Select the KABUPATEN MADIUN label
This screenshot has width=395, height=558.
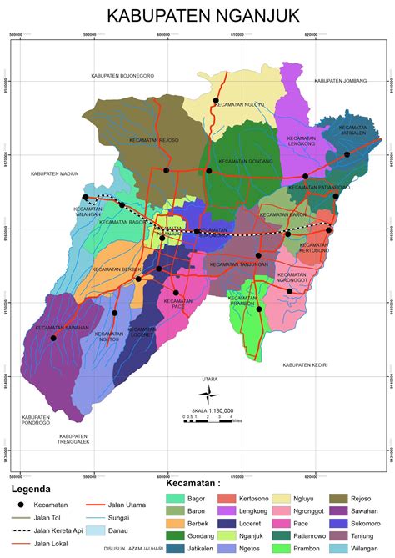coord(54,173)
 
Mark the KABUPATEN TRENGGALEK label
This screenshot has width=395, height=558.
coord(73,439)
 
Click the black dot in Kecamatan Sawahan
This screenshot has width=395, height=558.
coord(53,338)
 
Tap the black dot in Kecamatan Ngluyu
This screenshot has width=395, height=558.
coord(215,101)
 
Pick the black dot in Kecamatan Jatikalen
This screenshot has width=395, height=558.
coord(347,154)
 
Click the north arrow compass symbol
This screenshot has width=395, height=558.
coord(212,393)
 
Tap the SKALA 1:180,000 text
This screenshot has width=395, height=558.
coord(212,410)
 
